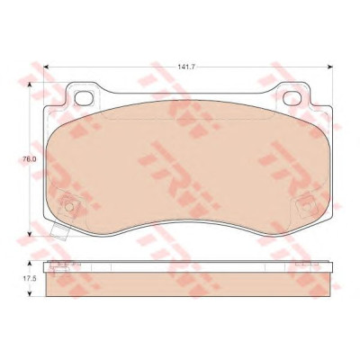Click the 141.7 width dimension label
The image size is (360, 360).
click(x=186, y=67)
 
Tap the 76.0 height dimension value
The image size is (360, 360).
click(x=30, y=159)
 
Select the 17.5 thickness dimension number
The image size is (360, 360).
click(x=30, y=278)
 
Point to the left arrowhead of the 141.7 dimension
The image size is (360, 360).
click(x=46, y=67)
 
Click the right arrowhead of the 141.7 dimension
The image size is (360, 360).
click(x=330, y=67)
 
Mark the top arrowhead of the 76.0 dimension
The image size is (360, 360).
click(x=30, y=85)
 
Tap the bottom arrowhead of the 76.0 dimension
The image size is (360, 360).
click(x=30, y=234)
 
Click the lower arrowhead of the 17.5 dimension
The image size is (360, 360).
click(x=30, y=293)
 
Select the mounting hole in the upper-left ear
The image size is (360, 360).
click(x=83, y=98)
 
